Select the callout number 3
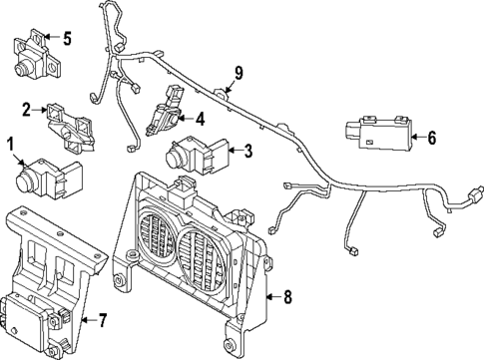(x=247, y=152)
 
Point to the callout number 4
(x=200, y=119)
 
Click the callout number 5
(x=66, y=40)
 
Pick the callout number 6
(x=432, y=138)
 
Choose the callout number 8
(x=287, y=295)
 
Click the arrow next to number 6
(x=414, y=138)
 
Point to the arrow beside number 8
(x=271, y=295)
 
